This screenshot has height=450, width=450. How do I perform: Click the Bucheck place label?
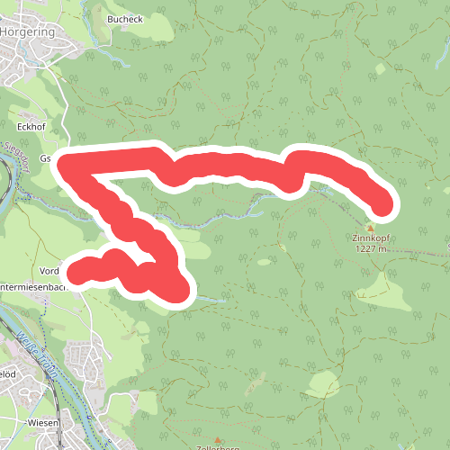point(124,19)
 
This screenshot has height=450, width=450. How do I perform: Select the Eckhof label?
point(31,128)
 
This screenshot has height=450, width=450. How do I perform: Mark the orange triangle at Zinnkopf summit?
point(370,227)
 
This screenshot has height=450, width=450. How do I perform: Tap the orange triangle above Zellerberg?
point(217,439)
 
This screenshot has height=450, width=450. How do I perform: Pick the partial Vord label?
point(49,270)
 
